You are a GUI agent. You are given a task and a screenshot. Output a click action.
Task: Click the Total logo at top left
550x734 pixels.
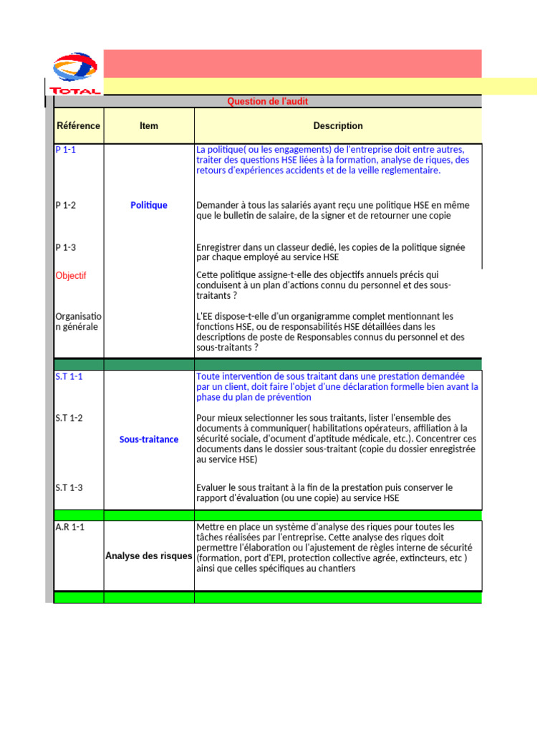[x=74, y=73]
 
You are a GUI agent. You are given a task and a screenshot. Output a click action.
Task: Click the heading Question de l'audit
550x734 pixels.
[x=267, y=102]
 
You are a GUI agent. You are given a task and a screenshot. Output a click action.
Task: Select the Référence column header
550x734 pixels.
[x=78, y=125]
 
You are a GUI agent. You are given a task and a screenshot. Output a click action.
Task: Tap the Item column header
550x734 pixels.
[x=149, y=125]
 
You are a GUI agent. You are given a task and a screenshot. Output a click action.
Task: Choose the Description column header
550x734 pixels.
[x=338, y=125]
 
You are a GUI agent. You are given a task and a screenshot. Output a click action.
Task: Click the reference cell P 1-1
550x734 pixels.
[x=66, y=150]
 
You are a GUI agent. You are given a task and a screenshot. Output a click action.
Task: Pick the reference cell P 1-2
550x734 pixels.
[x=66, y=205]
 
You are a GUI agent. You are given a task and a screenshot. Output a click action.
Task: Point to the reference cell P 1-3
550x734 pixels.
[x=66, y=247]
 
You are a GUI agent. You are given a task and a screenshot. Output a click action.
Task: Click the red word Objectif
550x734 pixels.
[x=71, y=275]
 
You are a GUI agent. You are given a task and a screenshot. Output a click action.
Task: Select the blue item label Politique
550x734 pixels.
[x=149, y=205]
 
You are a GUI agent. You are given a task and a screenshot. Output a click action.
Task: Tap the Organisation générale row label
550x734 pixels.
[x=78, y=322]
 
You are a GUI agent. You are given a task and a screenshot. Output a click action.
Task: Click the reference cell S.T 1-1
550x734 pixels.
[x=69, y=376]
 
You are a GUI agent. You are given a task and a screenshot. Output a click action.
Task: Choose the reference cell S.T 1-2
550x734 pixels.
[x=69, y=418]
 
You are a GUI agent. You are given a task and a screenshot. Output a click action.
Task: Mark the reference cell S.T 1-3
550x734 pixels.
[x=69, y=487]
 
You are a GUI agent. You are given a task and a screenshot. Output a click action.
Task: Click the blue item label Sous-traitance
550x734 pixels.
[x=149, y=439]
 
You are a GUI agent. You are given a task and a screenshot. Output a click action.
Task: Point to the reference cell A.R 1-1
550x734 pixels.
[x=69, y=527]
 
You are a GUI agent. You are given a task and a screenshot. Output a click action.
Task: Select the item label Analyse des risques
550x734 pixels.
[x=149, y=556]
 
